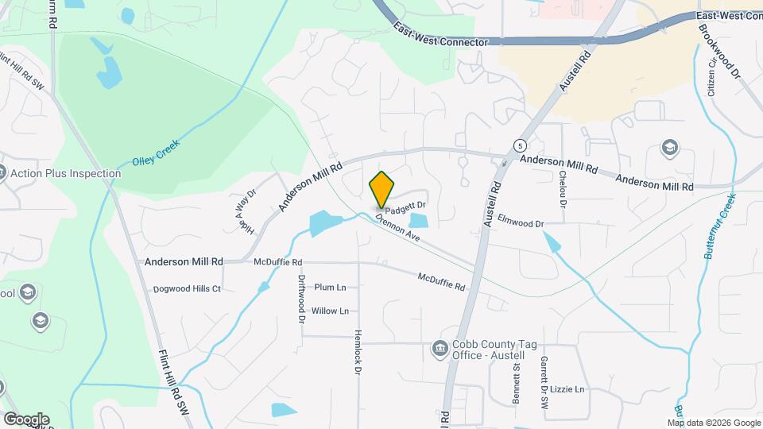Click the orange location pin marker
(381, 190)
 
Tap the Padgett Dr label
(406, 206)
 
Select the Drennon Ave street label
(397, 226)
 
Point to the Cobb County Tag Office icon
(439, 348)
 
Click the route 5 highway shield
(519, 146)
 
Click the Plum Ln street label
(331, 287)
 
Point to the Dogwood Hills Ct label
(187, 288)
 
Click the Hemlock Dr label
(358, 351)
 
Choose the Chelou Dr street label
(563, 189)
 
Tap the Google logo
(26, 419)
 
